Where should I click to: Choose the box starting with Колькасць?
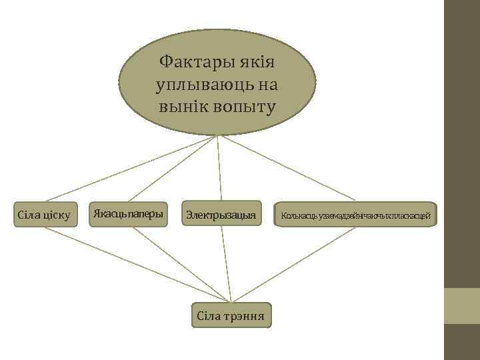355,215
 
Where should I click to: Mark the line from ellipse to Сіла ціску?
133,168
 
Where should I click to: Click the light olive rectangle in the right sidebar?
462,305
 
